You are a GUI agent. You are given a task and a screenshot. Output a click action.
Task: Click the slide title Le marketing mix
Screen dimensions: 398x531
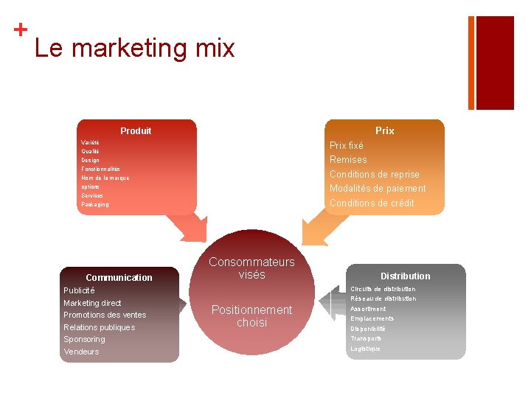134,49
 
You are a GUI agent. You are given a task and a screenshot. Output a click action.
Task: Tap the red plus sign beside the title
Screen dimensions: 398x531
21,29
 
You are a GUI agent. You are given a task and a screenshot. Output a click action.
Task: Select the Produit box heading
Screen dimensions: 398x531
136,130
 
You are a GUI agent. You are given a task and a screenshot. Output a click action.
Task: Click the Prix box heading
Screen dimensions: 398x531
384,130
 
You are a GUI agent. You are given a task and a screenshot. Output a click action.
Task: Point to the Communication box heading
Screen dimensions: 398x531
119,278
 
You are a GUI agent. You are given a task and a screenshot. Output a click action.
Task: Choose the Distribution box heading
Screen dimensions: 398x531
405,276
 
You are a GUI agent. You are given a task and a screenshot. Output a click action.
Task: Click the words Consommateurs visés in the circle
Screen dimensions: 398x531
251,268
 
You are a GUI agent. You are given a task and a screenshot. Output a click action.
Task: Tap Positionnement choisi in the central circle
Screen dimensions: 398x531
251,316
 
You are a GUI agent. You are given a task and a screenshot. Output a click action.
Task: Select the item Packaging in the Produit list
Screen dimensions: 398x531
95,204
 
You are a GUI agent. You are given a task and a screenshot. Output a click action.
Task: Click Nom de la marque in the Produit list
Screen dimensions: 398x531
105,178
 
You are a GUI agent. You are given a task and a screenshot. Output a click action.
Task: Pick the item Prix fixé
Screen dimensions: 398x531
346,146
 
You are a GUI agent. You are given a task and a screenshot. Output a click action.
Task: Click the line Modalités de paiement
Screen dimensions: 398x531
377,189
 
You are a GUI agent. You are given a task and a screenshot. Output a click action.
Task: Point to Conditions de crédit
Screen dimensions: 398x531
372,203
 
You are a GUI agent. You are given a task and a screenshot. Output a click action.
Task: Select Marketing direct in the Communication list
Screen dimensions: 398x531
92,303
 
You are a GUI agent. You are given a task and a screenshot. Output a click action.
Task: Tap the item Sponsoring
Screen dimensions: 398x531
84,339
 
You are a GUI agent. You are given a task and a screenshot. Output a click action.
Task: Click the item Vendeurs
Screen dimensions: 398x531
81,352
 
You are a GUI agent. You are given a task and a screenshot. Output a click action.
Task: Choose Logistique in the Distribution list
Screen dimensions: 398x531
365,349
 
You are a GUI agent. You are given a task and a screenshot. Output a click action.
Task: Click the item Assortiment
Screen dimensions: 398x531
368,309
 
